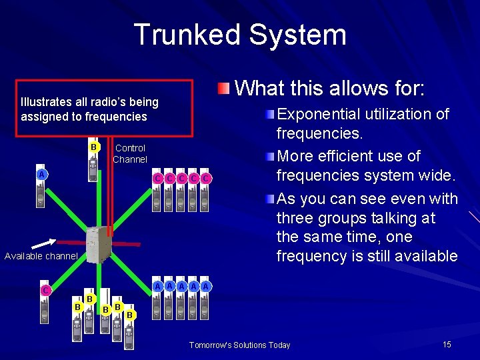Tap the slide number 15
[x=447, y=344]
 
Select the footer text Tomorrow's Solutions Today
[x=239, y=345]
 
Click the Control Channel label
[x=129, y=153]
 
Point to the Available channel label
[x=41, y=256]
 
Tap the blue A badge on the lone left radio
[x=41, y=175]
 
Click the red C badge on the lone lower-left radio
[x=45, y=291]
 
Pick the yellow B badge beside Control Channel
[x=94, y=147]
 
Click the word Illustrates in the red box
[x=46, y=102]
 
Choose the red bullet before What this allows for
[x=225, y=88]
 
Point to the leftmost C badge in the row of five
[x=158, y=178]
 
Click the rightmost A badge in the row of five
[x=207, y=286]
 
